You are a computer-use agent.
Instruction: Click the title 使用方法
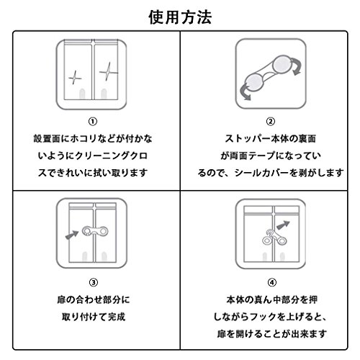180,17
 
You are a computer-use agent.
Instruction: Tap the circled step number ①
93,122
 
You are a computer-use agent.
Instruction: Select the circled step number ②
271,122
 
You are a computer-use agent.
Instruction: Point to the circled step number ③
94,282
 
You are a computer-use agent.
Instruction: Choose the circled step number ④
272,282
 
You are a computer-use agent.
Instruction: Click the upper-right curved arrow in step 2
298,67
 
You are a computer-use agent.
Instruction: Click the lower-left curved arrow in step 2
244,92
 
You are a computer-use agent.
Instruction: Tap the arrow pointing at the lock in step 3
72,235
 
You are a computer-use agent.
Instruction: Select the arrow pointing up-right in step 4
283,225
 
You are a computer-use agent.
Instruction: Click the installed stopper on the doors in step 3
95,231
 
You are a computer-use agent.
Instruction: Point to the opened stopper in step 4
274,238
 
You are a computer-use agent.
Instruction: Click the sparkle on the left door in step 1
75,78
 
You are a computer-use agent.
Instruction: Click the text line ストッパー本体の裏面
271,139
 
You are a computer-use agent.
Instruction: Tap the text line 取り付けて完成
94,317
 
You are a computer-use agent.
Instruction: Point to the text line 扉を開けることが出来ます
272,334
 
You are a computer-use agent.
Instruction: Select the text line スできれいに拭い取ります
93,173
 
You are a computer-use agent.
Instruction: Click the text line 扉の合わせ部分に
94,300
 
